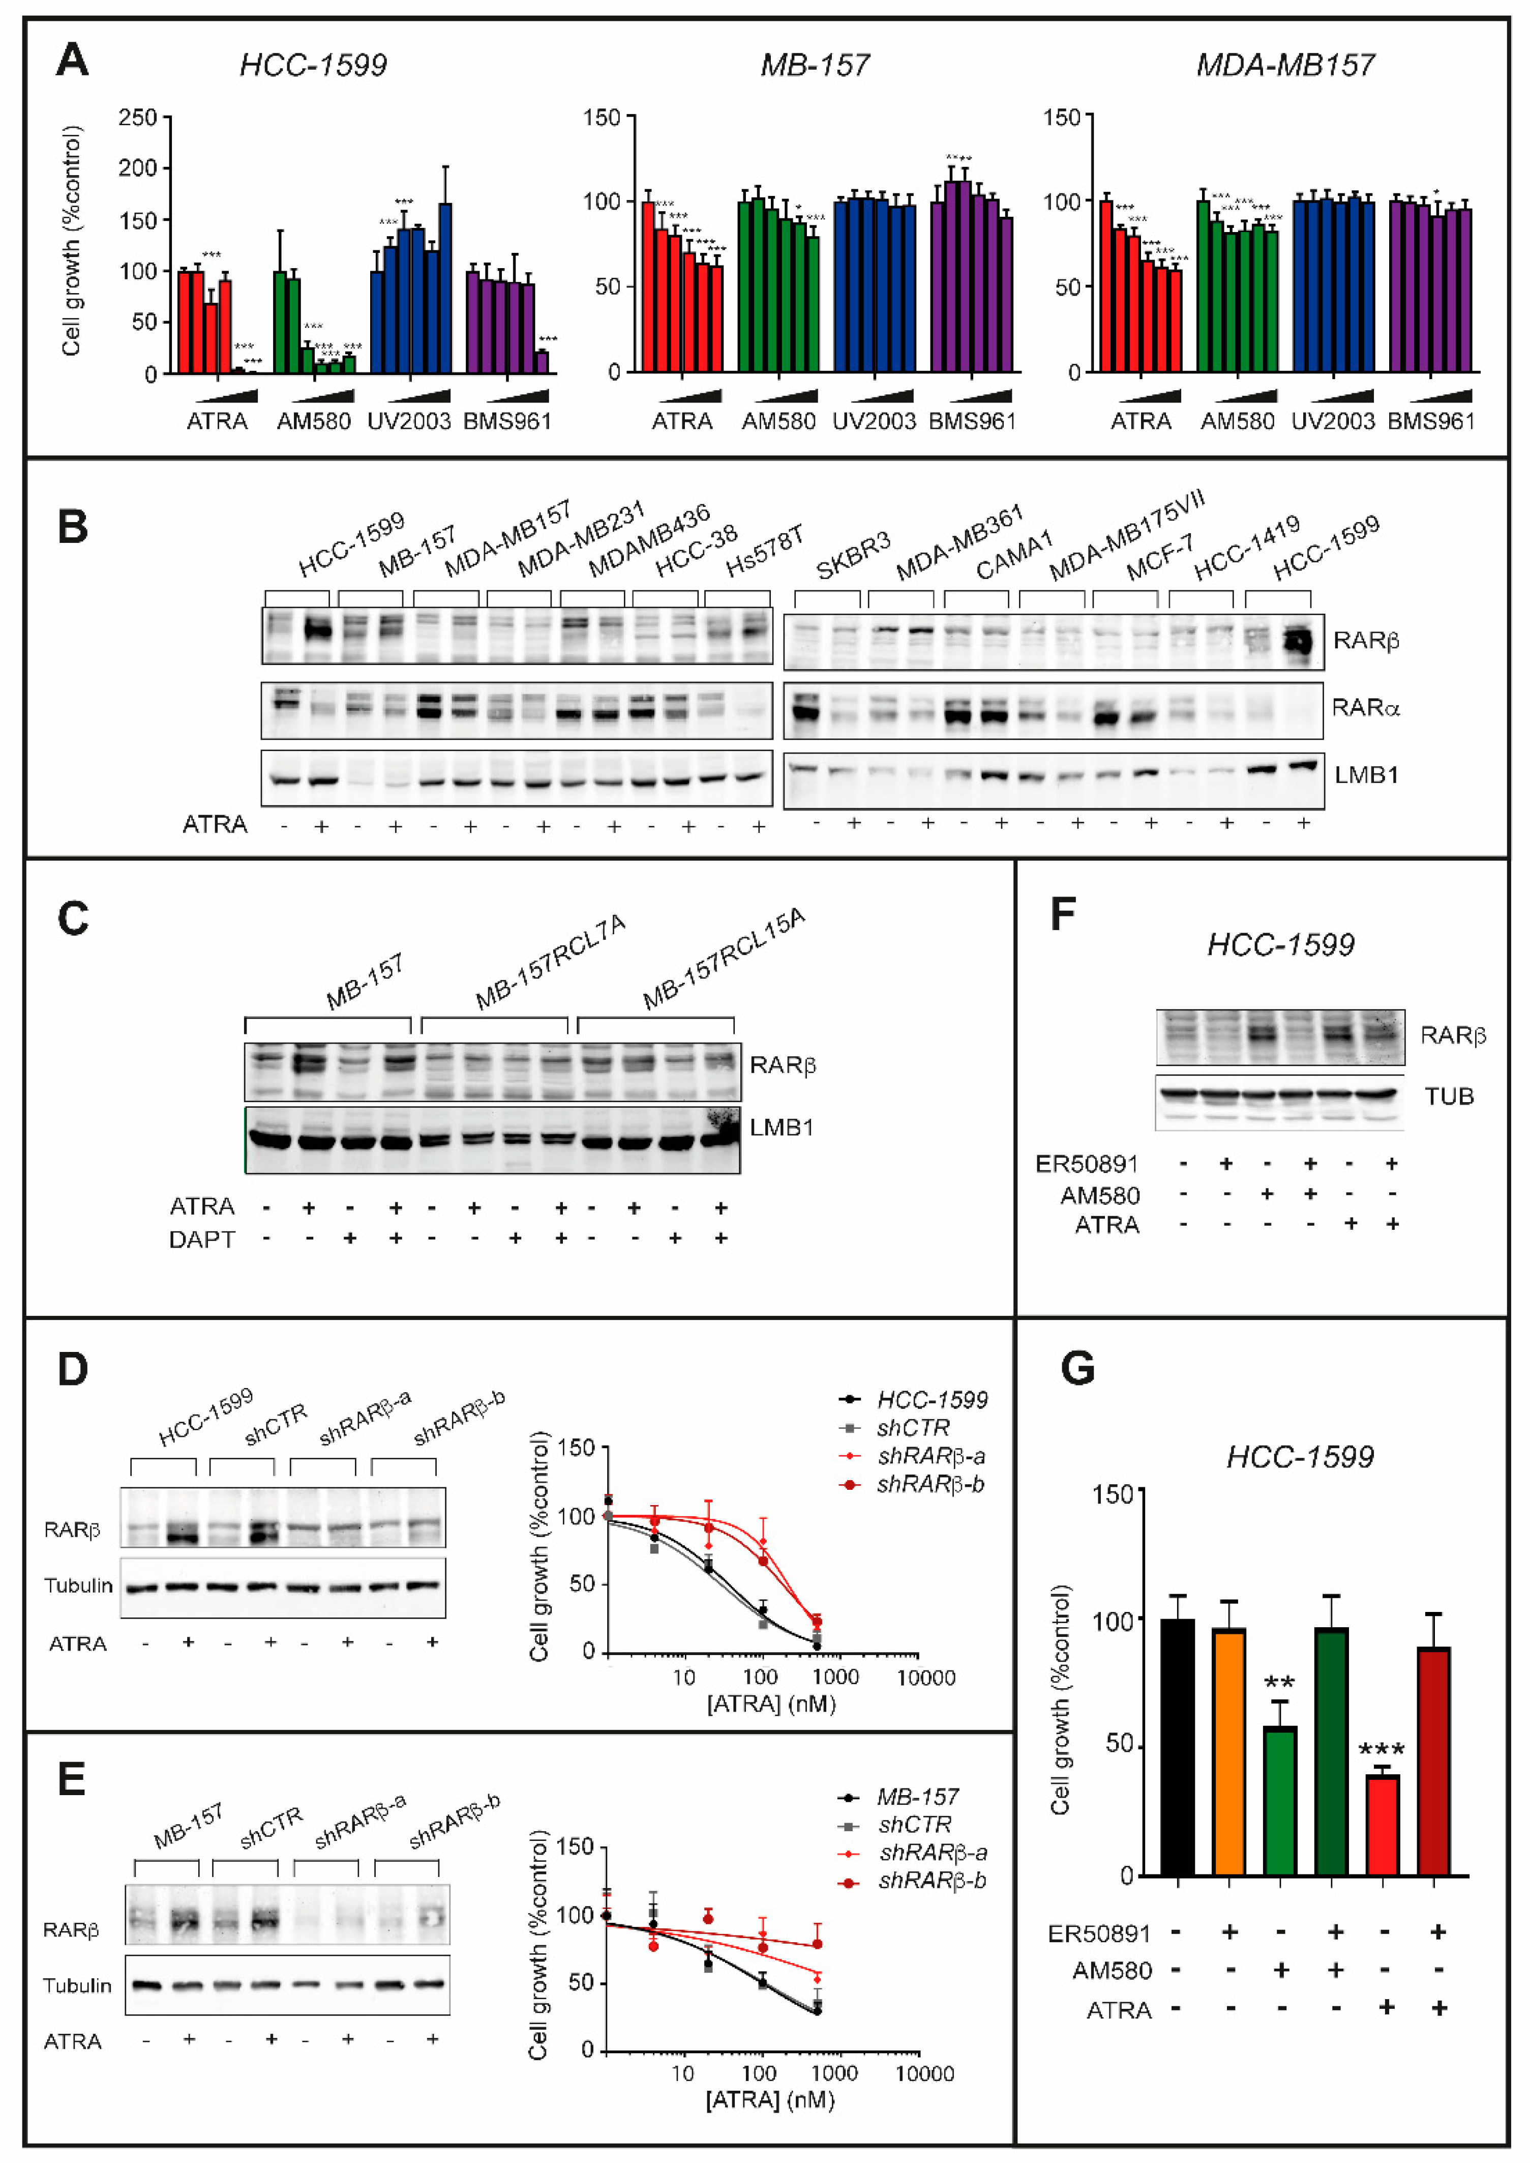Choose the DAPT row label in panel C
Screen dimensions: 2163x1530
point(202,1239)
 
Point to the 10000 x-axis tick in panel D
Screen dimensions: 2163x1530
point(925,1678)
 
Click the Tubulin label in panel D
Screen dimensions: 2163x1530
point(78,1585)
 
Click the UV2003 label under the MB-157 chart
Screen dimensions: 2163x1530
point(874,421)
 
